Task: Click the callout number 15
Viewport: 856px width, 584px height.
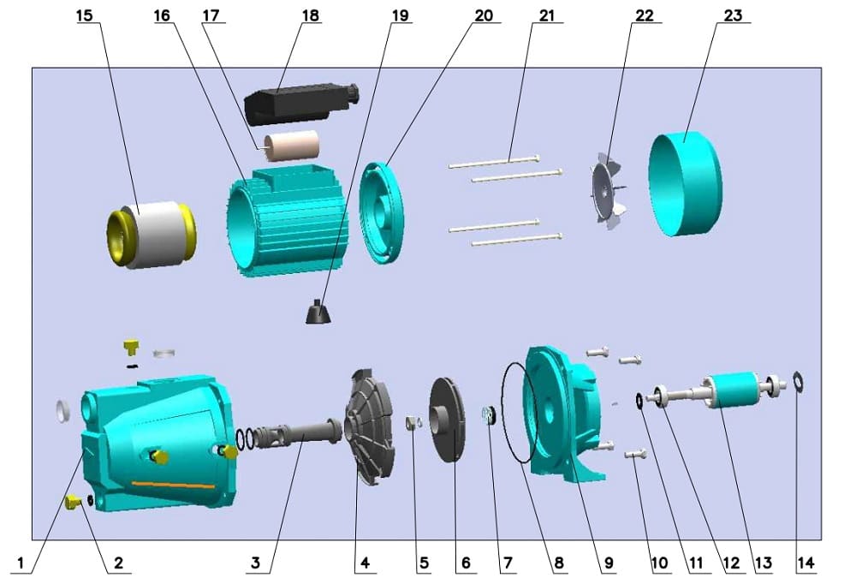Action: click(x=85, y=15)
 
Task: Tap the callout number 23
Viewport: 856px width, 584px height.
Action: click(x=733, y=15)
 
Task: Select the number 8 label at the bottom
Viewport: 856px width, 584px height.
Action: click(x=558, y=563)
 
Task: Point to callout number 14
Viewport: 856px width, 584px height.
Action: click(x=805, y=563)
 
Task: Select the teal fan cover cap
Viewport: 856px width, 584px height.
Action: click(x=685, y=184)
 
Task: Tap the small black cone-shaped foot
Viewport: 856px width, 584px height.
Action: click(x=318, y=313)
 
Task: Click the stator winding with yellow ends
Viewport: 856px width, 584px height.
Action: click(x=152, y=235)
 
